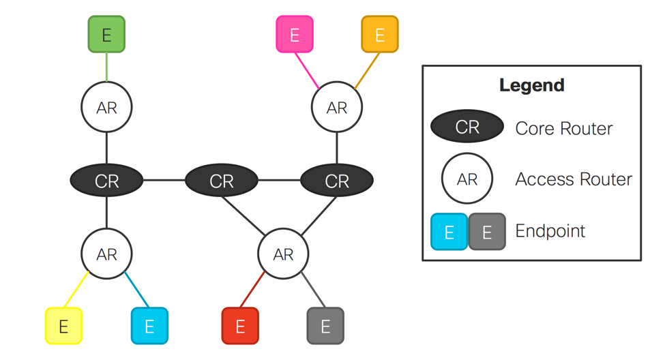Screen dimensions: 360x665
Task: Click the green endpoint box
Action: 106,34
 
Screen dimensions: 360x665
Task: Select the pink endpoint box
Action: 295,34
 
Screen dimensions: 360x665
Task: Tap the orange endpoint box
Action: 380,34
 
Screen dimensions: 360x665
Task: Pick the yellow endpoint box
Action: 63,326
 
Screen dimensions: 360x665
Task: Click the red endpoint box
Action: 240,326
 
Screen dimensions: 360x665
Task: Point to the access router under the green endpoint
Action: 106,108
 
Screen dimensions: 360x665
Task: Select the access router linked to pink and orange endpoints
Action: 337,108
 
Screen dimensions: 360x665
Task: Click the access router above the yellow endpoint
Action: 106,254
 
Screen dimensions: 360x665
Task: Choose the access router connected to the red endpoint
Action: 283,254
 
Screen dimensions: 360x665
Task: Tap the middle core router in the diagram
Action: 222,181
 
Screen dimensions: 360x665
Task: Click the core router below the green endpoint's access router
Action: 106,181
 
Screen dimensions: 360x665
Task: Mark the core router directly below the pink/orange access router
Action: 337,181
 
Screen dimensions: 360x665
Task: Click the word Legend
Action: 531,85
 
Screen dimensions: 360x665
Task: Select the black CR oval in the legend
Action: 467,127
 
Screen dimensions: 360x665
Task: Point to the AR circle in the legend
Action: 467,179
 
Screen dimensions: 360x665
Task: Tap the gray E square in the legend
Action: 487,232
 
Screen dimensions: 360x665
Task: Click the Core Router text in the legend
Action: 563,128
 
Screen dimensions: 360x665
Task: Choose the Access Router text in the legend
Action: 574,179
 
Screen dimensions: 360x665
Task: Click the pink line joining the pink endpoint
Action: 307,70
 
